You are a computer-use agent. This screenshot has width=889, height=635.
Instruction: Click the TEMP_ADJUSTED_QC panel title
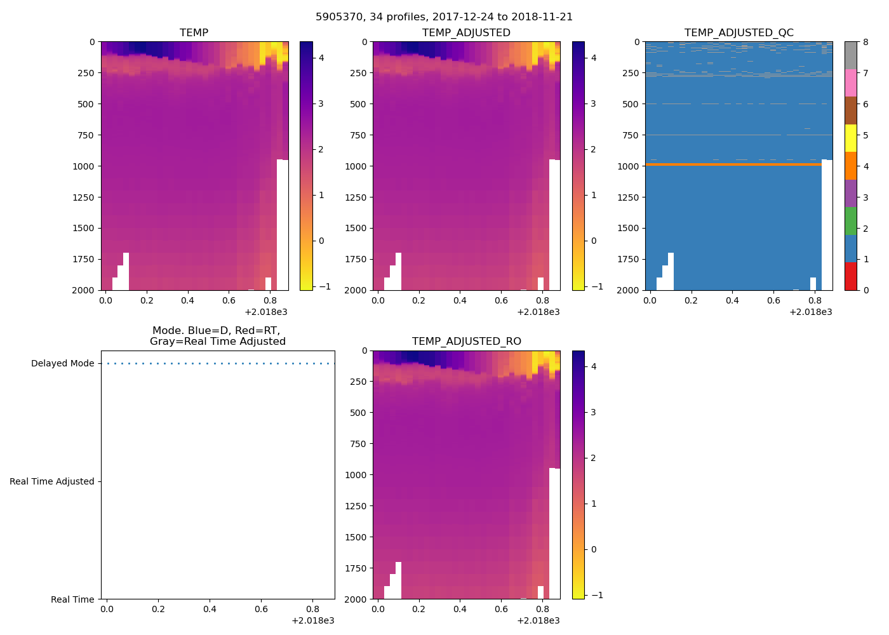739,32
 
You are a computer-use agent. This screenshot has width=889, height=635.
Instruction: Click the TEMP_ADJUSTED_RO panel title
466,341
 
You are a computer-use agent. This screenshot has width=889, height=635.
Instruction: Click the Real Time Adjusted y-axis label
51,481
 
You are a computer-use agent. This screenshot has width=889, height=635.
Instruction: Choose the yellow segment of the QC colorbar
850,138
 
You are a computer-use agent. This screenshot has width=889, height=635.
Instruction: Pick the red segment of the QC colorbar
850,276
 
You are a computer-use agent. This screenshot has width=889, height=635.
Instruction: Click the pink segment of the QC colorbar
850,83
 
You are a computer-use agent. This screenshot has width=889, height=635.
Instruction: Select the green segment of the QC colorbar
850,221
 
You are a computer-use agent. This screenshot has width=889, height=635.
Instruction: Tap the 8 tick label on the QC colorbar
866,42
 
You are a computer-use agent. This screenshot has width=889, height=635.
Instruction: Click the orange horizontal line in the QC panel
730,164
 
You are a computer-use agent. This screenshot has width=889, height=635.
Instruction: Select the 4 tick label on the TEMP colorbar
321,58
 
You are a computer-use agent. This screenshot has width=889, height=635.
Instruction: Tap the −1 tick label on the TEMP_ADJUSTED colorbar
591,286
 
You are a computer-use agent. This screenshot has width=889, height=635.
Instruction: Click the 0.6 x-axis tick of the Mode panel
261,610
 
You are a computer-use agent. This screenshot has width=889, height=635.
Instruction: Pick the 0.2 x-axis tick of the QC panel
691,300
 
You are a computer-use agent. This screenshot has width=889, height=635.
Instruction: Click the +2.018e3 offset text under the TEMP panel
266,312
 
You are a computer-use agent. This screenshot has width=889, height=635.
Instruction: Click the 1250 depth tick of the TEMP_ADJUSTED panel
356,197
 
